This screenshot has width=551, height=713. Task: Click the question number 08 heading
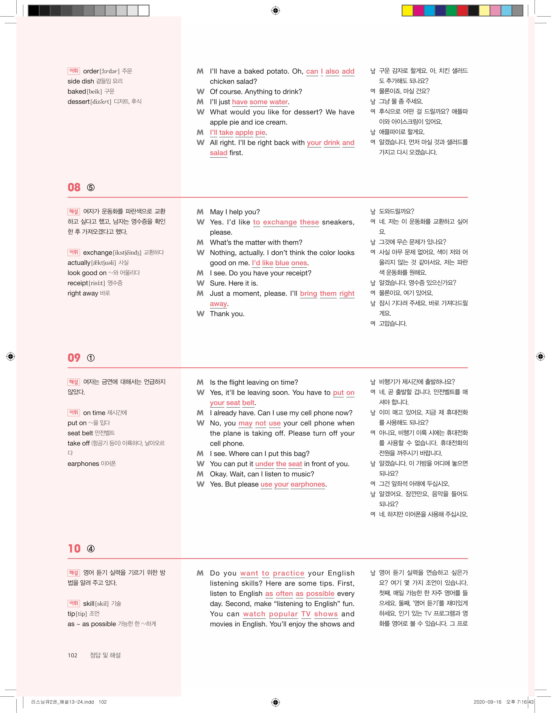pos(74,187)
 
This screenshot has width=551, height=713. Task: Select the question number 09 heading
pos(74,358)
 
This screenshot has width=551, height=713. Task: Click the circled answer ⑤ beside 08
pos(91,188)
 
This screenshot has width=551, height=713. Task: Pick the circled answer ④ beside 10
pos(91,549)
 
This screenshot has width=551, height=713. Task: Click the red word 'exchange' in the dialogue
pos(280,222)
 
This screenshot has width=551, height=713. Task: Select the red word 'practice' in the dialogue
pos(288,573)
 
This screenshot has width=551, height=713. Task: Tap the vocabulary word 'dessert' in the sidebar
pos(78,102)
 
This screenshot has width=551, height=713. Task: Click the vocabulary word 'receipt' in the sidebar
pos(78,283)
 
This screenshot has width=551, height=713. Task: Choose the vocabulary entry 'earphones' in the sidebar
pos(83,464)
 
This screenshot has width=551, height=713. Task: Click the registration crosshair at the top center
pos(275,11)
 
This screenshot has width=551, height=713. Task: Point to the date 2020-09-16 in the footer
pos(487,702)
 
